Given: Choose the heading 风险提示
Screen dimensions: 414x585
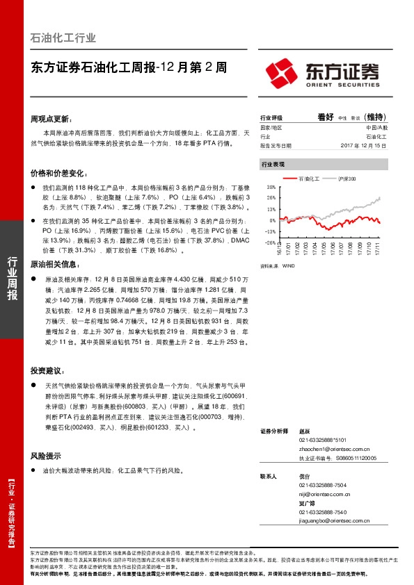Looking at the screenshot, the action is click(x=47, y=456).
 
